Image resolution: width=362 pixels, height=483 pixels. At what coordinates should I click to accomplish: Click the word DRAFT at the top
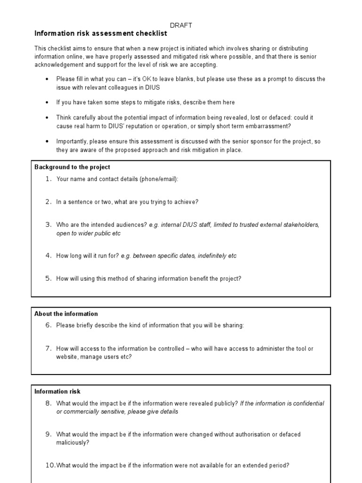[x=181, y=25]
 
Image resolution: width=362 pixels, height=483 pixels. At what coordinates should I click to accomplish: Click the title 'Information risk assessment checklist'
[x=100, y=34]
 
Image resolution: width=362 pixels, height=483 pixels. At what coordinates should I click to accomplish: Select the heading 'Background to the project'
[x=72, y=167]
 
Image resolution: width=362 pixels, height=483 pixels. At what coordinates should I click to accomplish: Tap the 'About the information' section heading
[x=66, y=314]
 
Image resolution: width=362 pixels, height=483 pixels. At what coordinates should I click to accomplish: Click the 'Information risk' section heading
[x=58, y=391]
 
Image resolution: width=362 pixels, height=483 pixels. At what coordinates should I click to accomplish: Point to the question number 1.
[x=48, y=179]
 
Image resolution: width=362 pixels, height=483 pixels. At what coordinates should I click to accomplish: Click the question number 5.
[x=48, y=278]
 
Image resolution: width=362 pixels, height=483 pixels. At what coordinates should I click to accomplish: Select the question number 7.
[x=48, y=349]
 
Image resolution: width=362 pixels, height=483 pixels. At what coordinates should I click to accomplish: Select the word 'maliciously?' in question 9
[x=73, y=443]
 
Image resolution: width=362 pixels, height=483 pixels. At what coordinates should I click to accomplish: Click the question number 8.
[x=48, y=403]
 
